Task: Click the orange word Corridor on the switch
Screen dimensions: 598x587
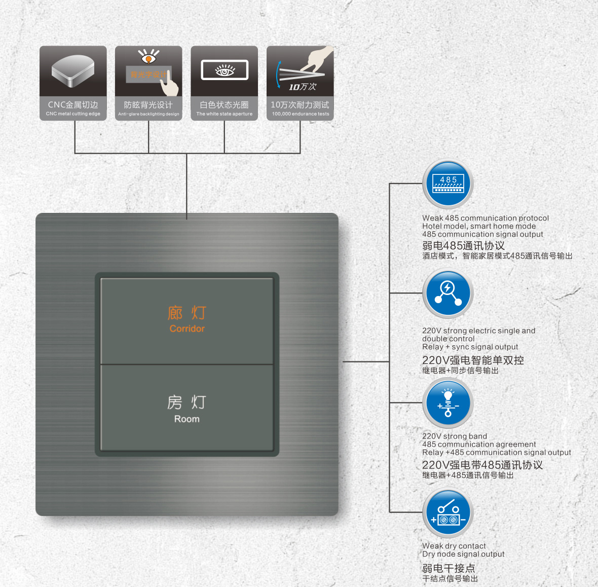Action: coord(187,328)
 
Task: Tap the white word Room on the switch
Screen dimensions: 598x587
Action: coord(187,419)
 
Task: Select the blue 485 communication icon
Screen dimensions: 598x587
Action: coord(448,184)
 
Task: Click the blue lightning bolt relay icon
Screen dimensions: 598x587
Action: coord(448,293)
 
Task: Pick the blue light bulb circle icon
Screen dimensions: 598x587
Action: coord(448,403)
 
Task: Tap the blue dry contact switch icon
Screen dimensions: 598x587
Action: coord(448,513)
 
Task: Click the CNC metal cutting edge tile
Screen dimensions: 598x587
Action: coord(73,83)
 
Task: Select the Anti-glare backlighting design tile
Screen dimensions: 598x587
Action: coord(148,83)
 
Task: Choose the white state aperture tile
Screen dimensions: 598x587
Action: coord(224,83)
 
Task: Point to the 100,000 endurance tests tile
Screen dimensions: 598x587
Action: coord(300,83)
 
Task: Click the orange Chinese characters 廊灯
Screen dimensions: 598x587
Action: coord(187,313)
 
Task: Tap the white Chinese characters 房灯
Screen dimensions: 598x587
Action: coord(187,402)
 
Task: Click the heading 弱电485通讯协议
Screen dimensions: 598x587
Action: coord(463,245)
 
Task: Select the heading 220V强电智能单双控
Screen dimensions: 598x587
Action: coord(473,360)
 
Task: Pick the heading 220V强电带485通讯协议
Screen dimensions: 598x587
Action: coord(482,465)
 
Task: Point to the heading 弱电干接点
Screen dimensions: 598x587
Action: coord(448,568)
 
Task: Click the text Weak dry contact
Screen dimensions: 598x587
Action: coord(454,546)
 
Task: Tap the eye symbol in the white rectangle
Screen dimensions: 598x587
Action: coord(225,70)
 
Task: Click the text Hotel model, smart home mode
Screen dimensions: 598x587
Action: coord(479,226)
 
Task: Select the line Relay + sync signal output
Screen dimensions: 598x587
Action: coord(470,347)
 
